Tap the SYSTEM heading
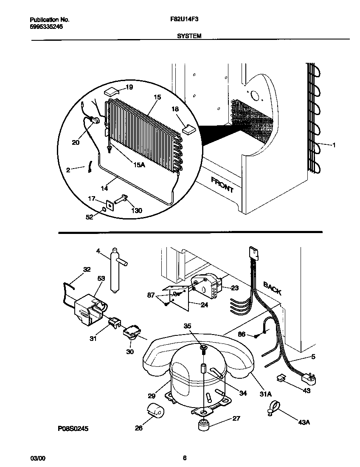(x=189, y=37)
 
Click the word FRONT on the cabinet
(x=222, y=185)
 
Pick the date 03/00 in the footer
(x=37, y=458)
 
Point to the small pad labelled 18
(x=188, y=128)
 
